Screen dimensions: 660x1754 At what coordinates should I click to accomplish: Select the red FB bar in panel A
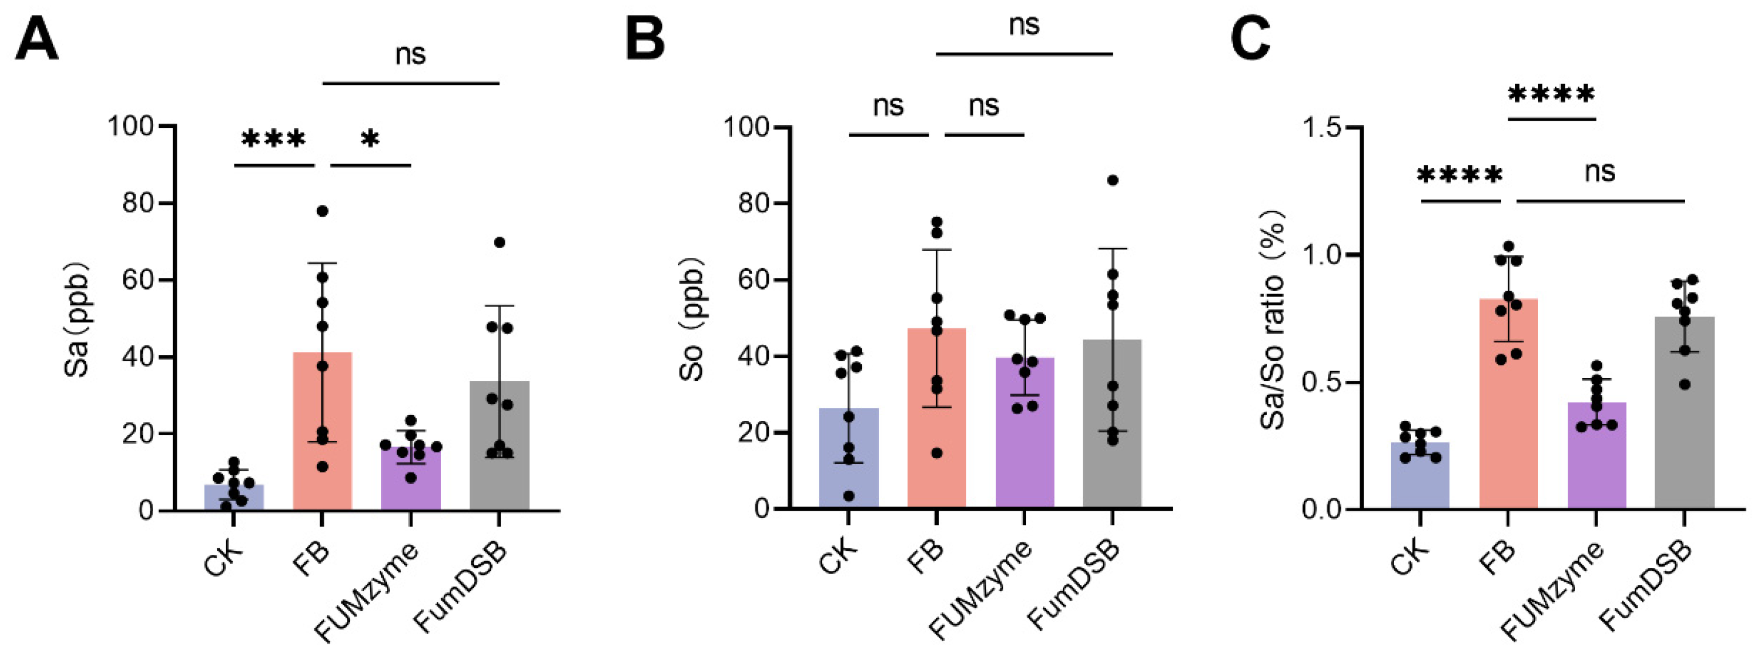pos(322,436)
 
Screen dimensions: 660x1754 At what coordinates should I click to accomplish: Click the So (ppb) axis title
pos(693,318)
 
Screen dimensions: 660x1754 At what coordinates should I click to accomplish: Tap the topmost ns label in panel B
pos(1024,26)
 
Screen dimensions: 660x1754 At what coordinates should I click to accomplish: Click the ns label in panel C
pos(1600,172)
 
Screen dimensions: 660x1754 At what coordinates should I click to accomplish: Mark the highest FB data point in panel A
pos(323,211)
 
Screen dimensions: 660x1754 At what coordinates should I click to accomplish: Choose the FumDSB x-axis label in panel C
pos(1646,586)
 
